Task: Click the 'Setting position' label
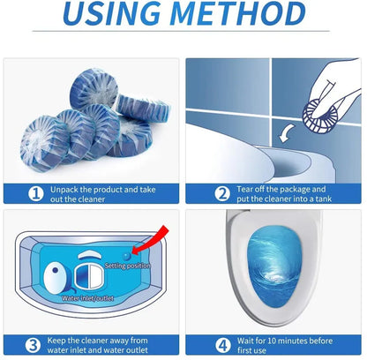(x=128, y=265)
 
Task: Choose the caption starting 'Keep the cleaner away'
(x=97, y=345)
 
